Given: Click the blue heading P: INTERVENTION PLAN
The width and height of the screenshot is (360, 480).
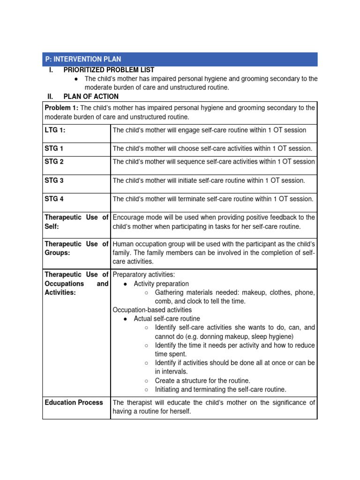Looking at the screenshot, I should [83, 59].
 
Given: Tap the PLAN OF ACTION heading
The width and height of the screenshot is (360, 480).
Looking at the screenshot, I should [91, 97].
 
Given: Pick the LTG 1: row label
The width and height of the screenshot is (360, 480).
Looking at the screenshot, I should [55, 130].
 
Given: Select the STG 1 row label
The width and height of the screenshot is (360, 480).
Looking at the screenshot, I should [54, 149].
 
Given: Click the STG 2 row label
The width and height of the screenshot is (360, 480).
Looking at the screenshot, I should [54, 162].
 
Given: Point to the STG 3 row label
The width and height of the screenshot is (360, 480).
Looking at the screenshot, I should [54, 180].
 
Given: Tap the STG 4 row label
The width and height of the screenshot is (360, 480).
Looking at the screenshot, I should [54, 199].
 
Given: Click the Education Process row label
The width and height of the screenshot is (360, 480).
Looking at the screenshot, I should [74, 403].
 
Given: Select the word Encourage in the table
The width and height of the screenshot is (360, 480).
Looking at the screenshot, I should [129, 217].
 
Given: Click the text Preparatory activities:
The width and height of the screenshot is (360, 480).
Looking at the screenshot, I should [143, 275].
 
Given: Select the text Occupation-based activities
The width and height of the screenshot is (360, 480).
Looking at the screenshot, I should [152, 310].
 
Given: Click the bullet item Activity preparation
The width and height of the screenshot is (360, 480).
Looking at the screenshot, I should [161, 284].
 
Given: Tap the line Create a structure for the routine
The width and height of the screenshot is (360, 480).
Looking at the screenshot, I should [202, 381].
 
